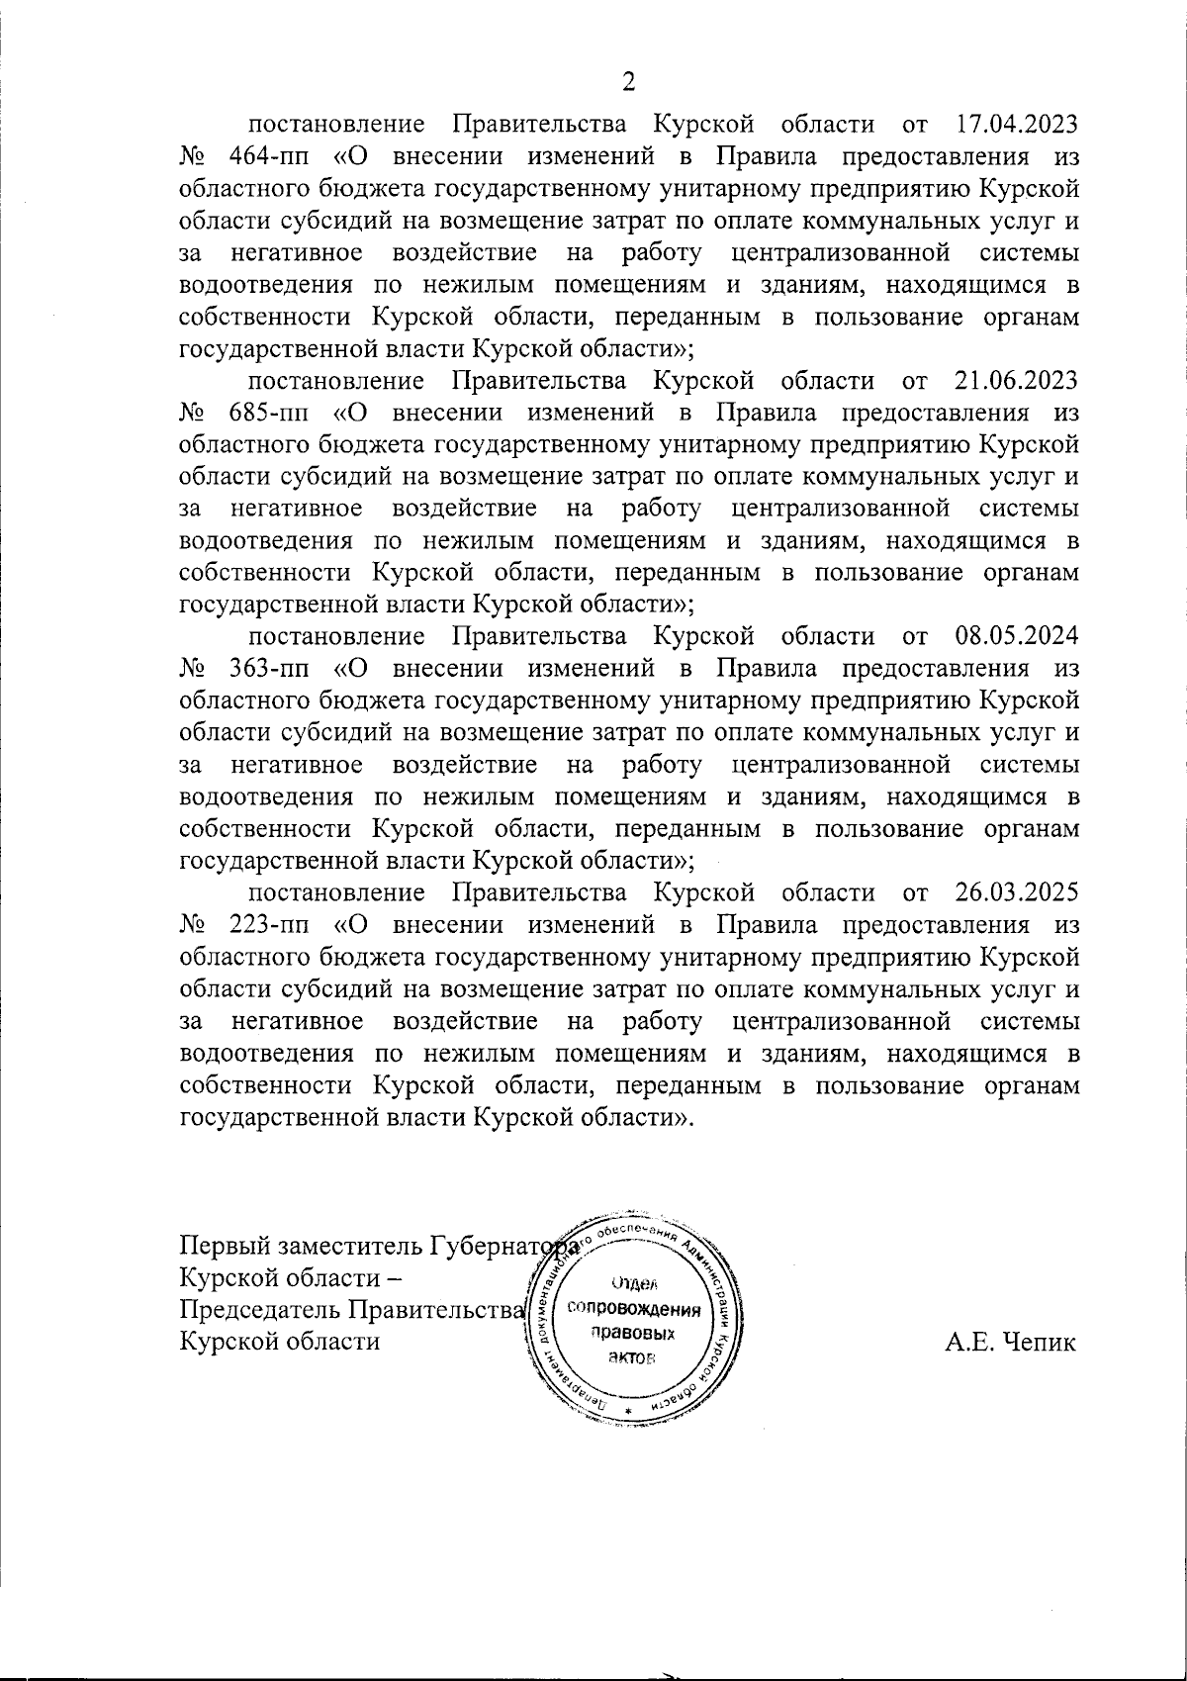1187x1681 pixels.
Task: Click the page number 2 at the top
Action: click(626, 82)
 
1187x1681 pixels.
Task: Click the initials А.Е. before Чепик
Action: click(971, 1343)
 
